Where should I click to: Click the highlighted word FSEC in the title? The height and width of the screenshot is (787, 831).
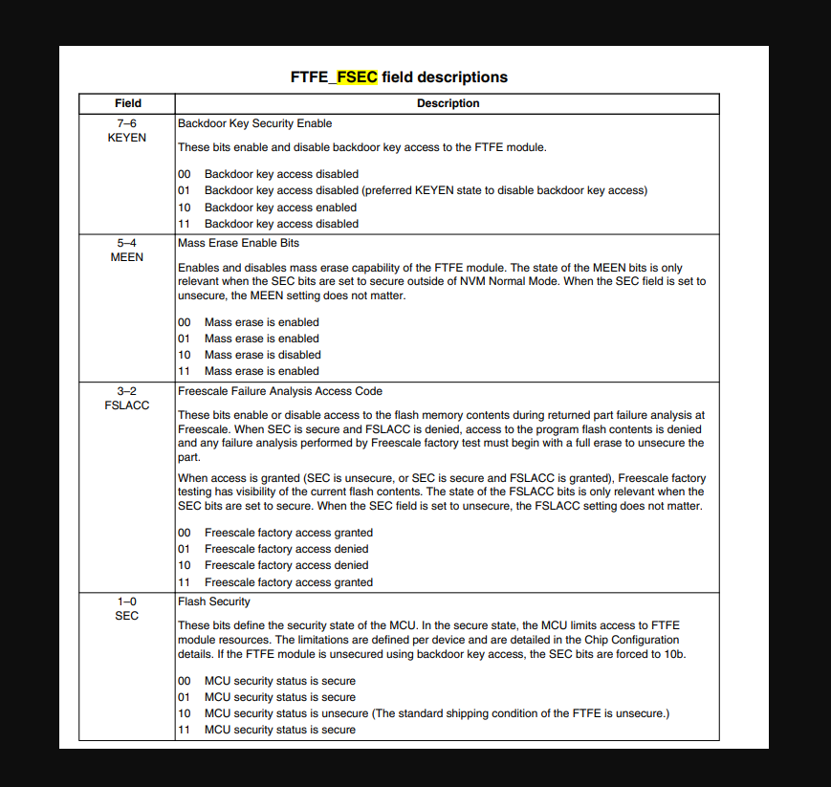357,77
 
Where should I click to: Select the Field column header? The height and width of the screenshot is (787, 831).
127,103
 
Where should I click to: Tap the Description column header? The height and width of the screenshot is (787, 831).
448,103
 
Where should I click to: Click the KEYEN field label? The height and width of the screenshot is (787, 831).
127,138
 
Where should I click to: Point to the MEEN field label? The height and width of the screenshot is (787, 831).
127,257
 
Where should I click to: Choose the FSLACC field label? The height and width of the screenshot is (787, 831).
127,405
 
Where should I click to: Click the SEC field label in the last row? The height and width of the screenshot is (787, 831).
127,616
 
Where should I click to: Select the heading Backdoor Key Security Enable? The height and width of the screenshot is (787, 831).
254,123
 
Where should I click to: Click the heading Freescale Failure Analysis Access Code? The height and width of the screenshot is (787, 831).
279,391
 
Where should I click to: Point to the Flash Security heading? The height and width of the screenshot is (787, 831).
213,601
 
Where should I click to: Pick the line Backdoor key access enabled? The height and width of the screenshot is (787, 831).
280,208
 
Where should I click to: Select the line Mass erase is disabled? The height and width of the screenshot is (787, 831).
262,355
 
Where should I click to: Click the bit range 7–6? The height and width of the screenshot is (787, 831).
127,123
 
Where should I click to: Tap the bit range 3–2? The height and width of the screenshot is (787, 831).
127,391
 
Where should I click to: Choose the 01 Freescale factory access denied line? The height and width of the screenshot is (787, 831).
286,549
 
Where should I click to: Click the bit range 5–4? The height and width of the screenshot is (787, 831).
127,243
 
